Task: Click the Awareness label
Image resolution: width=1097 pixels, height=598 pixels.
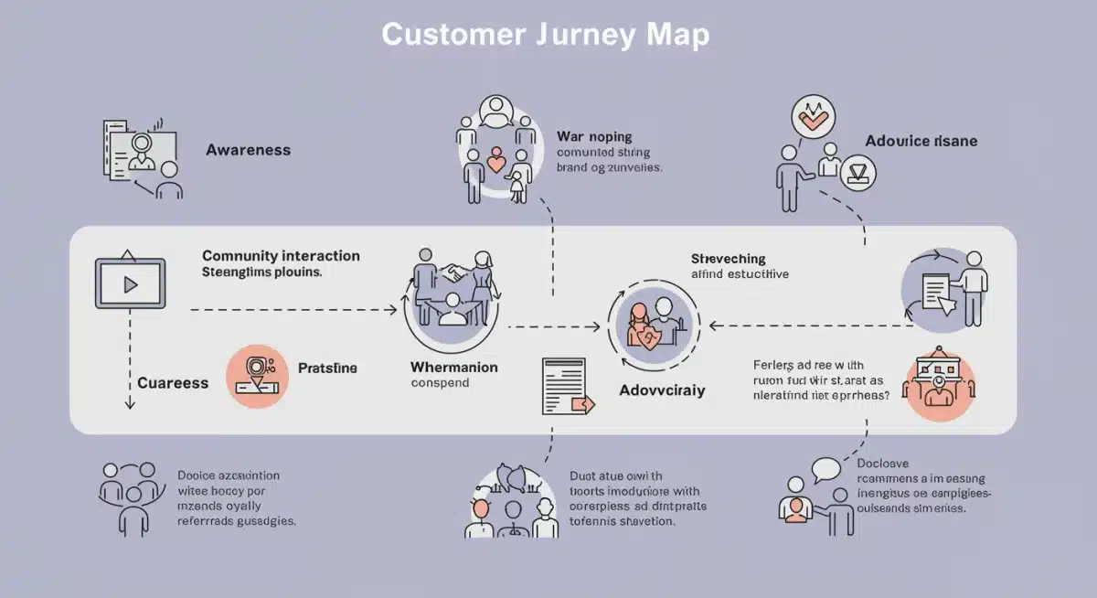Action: [x=248, y=150]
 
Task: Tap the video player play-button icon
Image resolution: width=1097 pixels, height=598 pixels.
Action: [x=130, y=283]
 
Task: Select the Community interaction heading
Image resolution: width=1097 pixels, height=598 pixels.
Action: [x=281, y=256]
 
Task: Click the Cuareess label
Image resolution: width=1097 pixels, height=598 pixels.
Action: [x=173, y=383]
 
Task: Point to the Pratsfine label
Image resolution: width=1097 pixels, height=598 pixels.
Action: [x=327, y=368]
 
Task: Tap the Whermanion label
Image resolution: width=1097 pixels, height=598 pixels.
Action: [x=454, y=367]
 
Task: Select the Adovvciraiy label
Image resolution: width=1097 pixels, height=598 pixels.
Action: [x=662, y=390]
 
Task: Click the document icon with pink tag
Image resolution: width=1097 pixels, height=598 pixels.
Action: [x=567, y=390]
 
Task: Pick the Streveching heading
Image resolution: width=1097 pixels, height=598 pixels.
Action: [x=728, y=259]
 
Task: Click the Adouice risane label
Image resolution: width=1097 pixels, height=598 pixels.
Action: [x=921, y=141]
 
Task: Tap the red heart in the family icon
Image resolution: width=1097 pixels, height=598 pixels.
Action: [x=495, y=163]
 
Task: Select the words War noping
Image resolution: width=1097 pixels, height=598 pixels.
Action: [x=594, y=136]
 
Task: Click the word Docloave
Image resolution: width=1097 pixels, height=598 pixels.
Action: [x=883, y=464]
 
